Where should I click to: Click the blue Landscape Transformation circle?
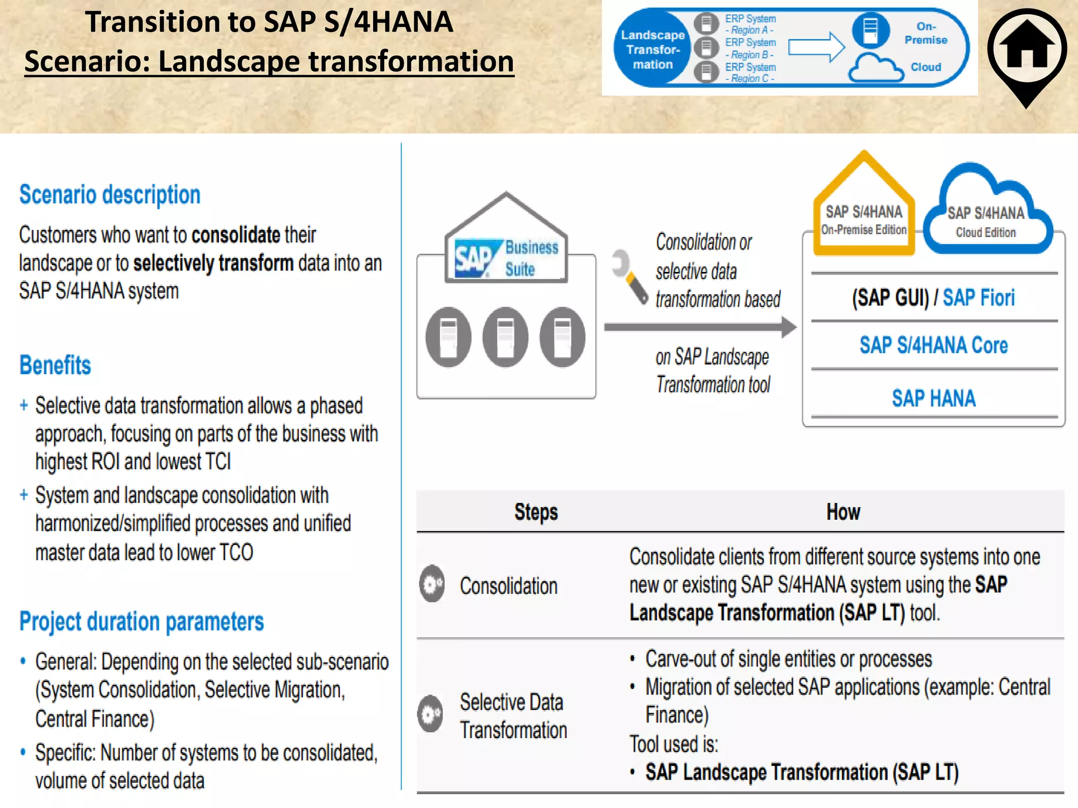point(653,49)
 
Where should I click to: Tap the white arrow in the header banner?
point(816,47)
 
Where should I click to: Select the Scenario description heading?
point(110,195)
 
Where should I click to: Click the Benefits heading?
point(55,365)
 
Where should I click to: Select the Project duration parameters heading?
point(142,622)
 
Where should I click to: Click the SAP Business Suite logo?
point(506,258)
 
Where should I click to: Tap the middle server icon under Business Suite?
point(505,337)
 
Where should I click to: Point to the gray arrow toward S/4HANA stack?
point(700,327)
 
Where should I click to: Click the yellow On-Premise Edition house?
point(864,210)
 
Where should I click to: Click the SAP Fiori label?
point(979,298)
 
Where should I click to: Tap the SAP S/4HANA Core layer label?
point(934,346)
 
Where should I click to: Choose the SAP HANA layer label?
point(934,398)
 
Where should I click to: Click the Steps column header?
point(536,512)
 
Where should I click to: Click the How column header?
point(843,512)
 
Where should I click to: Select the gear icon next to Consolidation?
point(432,584)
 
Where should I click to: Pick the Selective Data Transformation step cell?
point(513,716)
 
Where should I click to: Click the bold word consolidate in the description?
point(235,235)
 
